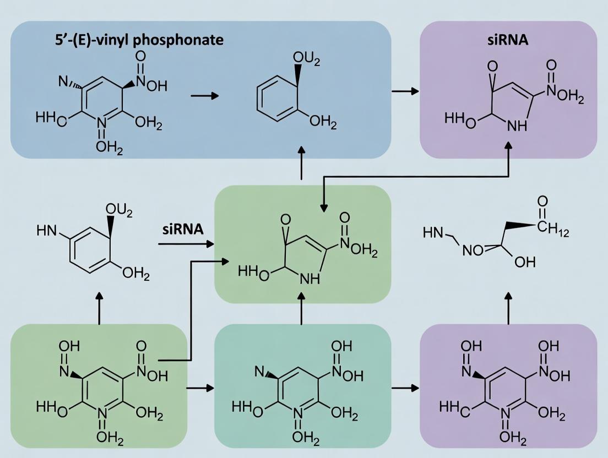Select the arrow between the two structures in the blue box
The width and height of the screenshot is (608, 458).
pyautogui.click(x=204, y=96)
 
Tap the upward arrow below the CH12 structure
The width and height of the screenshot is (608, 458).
pyautogui.click(x=508, y=306)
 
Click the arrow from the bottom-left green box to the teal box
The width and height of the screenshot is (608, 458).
pyautogui.click(x=200, y=388)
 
